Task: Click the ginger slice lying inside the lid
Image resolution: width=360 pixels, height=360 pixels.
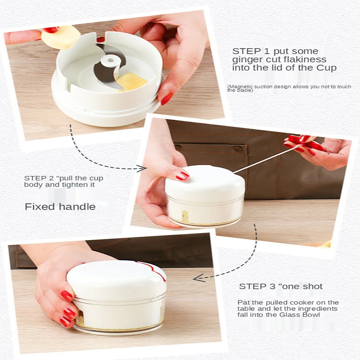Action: pyautogui.click(x=131, y=82)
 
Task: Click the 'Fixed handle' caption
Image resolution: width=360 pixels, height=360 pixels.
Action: pyautogui.click(x=60, y=207)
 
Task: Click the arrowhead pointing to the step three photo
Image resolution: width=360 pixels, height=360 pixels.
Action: pyautogui.click(x=197, y=278)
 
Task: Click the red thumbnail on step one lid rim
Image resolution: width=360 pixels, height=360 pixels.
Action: pyautogui.click(x=166, y=98)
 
